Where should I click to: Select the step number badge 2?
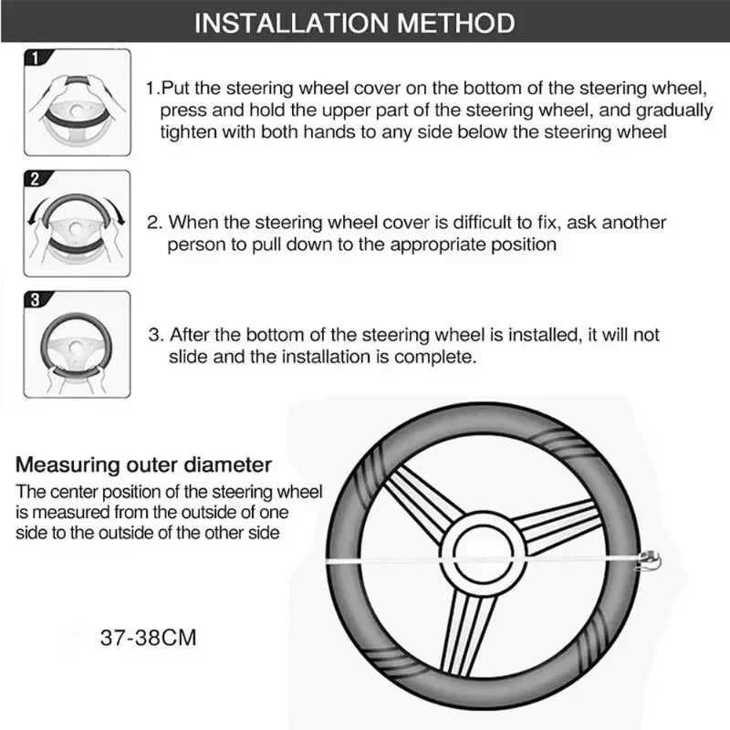pos(35,179)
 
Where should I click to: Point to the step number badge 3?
pos(35,298)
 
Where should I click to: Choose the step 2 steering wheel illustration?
pos(77,226)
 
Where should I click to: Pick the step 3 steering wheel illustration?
pos(77,346)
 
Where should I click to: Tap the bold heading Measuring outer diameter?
pos(144,464)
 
